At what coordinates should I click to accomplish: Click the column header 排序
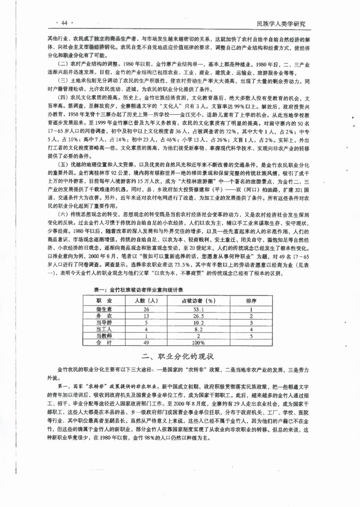click(251, 301)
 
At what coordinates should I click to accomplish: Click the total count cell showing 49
click(146, 343)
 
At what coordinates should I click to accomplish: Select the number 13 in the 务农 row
click(146, 316)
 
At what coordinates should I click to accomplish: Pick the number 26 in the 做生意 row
click(146, 309)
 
